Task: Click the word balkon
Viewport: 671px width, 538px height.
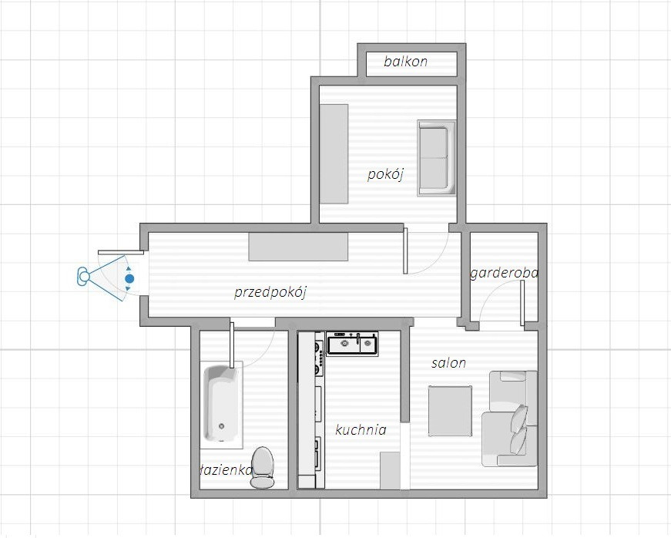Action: click(406, 61)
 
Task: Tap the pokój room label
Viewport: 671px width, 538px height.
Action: click(385, 174)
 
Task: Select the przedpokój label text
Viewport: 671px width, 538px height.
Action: click(270, 292)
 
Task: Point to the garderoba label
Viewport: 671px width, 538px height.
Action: click(504, 273)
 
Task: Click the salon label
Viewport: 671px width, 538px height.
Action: click(448, 363)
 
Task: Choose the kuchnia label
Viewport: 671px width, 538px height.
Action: click(361, 429)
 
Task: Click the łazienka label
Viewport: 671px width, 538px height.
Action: click(226, 470)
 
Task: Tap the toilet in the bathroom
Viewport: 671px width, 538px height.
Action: click(262, 467)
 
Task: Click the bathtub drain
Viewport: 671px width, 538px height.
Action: click(221, 426)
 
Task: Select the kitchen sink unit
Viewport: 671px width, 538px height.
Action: click(352, 343)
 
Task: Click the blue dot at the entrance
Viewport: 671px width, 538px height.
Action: click(129, 278)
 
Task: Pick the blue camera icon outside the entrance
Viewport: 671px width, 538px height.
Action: click(83, 276)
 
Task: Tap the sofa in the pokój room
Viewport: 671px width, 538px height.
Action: click(436, 158)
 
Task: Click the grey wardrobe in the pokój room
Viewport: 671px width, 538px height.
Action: click(334, 154)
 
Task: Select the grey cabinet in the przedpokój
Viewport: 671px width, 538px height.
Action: click(298, 247)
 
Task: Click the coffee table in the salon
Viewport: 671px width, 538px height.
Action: click(450, 412)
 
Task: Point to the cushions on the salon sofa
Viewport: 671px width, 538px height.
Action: click(520, 430)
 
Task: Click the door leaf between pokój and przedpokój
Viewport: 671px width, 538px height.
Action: click(406, 251)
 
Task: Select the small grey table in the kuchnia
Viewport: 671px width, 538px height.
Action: click(390, 470)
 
